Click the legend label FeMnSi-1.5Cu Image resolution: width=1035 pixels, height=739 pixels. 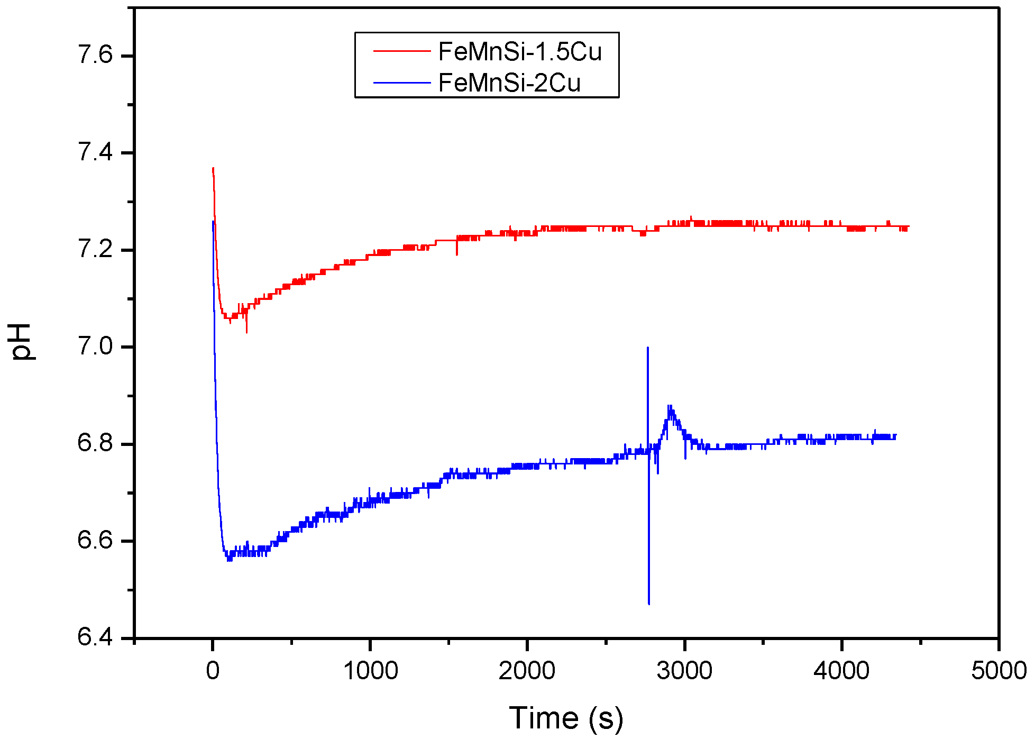click(x=520, y=52)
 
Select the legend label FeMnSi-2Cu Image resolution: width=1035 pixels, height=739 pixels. click(x=509, y=83)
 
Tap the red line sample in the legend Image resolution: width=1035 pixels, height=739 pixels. click(x=402, y=51)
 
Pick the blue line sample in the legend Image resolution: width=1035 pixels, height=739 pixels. click(x=402, y=83)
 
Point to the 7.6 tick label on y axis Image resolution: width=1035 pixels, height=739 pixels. click(x=95, y=55)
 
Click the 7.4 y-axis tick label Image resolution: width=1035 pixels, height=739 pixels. click(x=95, y=152)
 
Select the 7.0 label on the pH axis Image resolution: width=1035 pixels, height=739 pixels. click(x=95, y=346)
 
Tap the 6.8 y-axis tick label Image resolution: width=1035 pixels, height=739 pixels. click(x=95, y=443)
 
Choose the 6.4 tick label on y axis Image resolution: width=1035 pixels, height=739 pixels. click(x=95, y=637)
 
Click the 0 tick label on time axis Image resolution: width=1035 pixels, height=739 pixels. click(x=213, y=671)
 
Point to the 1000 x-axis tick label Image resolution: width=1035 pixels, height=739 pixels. click(x=370, y=671)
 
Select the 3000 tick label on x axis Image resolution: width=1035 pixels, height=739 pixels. click(x=684, y=671)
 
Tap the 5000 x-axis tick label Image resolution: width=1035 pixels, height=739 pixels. click(x=999, y=671)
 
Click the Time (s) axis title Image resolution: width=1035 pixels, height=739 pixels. click(x=566, y=718)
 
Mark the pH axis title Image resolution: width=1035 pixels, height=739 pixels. click(x=22, y=342)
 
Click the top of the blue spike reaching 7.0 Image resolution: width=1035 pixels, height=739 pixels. click(x=648, y=348)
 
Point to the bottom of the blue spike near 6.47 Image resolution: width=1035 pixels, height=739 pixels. click(x=649, y=604)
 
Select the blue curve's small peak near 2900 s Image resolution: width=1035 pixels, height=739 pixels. click(x=670, y=406)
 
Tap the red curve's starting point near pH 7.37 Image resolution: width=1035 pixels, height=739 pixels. click(x=213, y=168)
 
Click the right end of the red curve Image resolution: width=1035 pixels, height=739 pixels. click(x=908, y=227)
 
